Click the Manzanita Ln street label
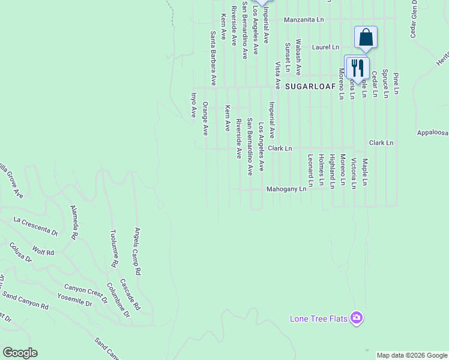pos(304,20)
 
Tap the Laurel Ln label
pos(325,47)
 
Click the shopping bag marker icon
pos(366,38)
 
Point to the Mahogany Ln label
pos(287,189)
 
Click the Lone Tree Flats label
pos(319,319)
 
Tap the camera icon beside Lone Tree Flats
pos(357,317)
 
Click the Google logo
pos(20,353)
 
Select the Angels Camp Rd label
pos(137,251)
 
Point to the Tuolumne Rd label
pos(113,248)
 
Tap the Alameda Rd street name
pos(74,221)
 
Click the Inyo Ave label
pos(194,104)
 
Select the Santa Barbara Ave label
pos(212,58)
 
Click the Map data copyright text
pos(412,355)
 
